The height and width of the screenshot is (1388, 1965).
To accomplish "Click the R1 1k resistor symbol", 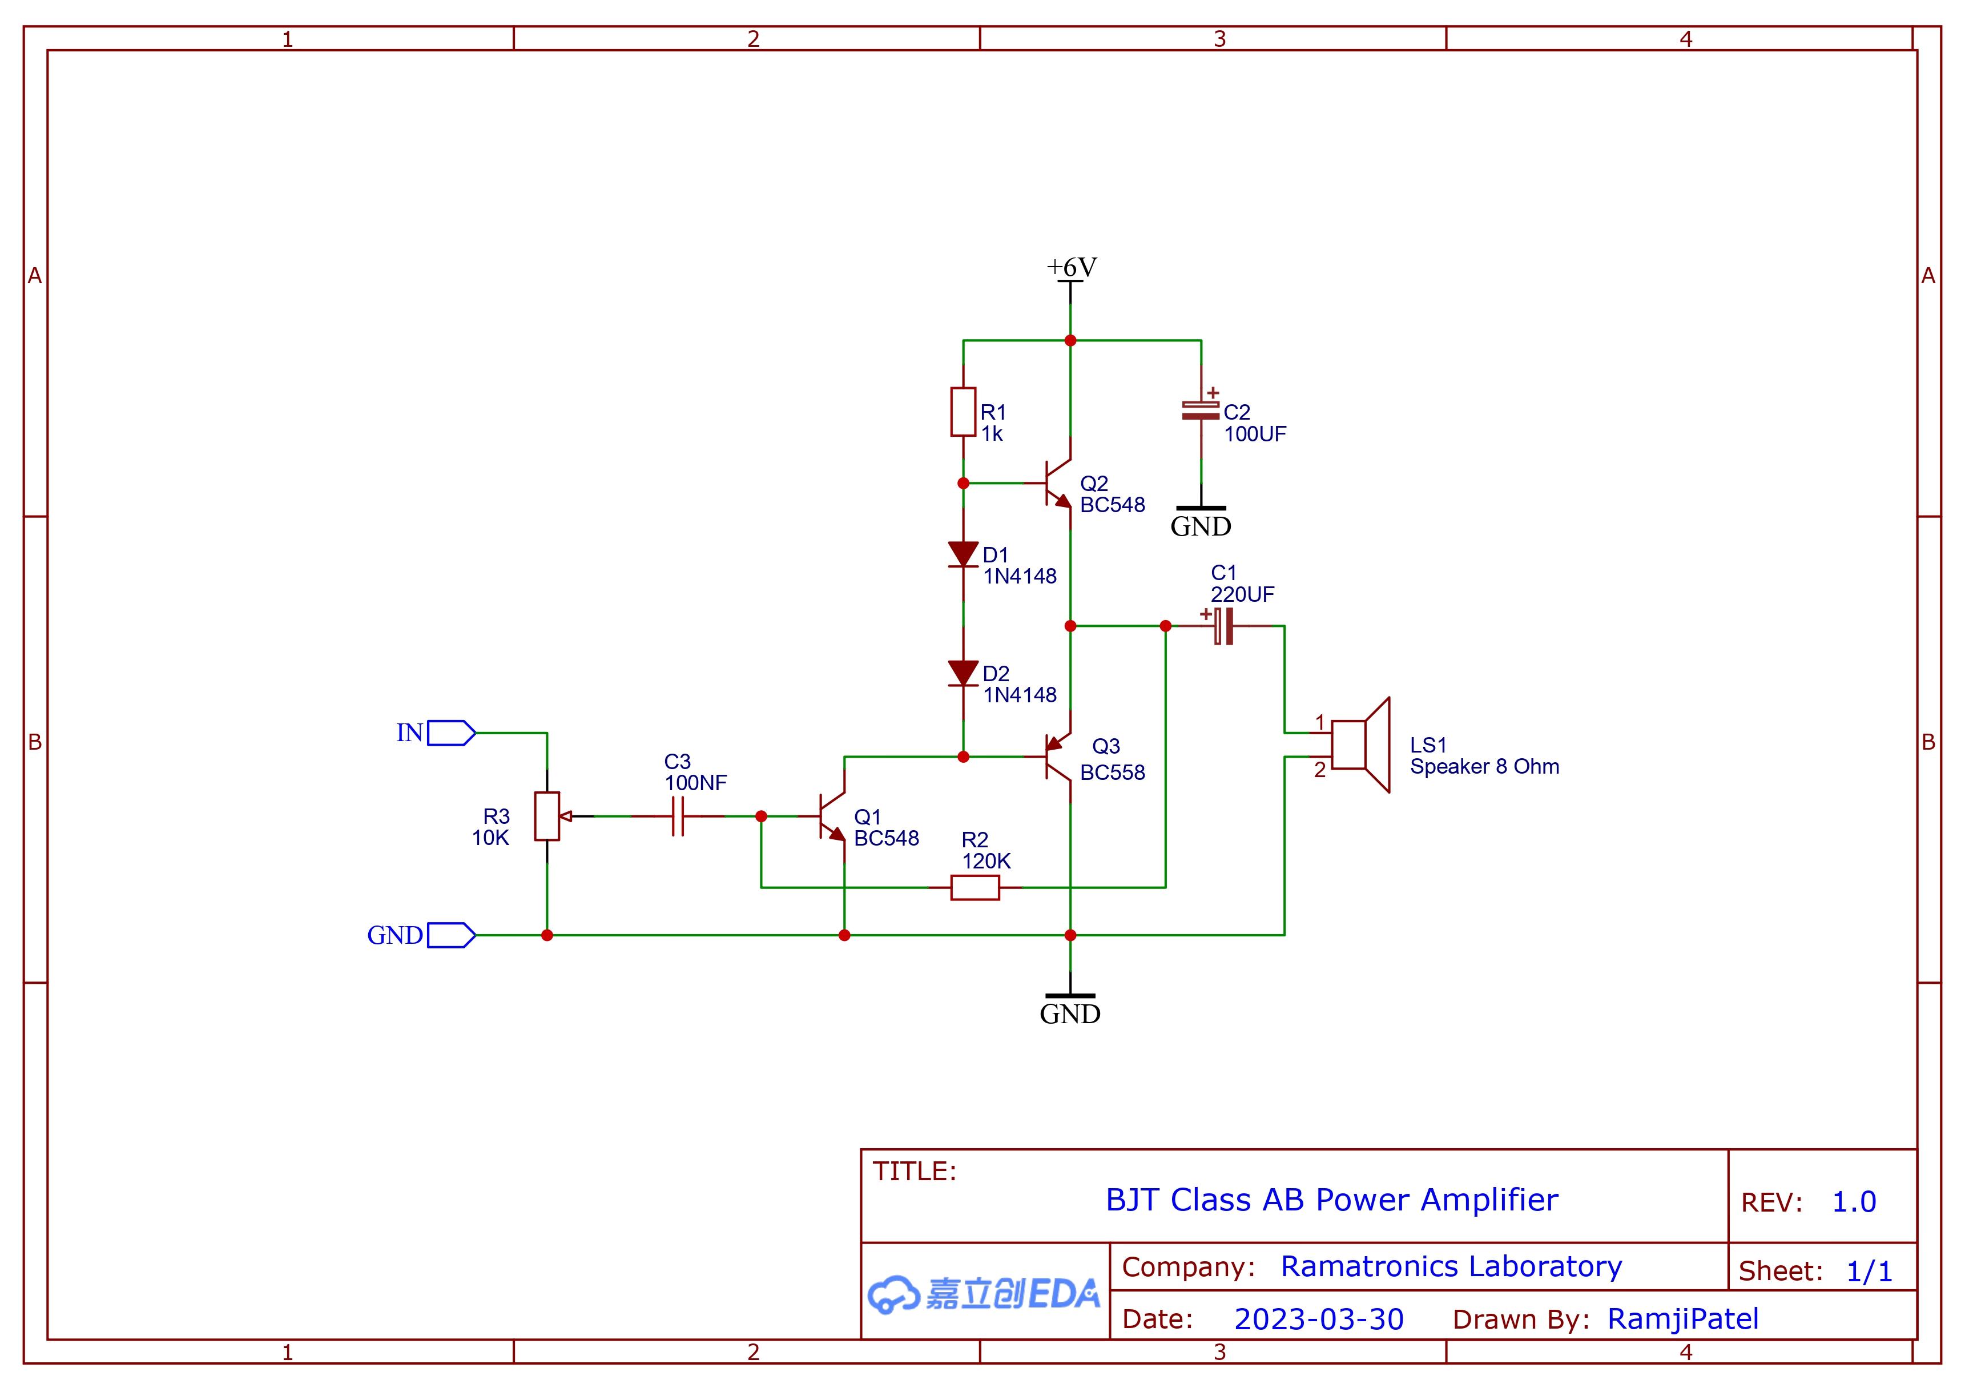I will pyautogui.click(x=963, y=412).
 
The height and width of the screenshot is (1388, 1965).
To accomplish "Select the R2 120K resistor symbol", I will pyautogui.click(x=975, y=887).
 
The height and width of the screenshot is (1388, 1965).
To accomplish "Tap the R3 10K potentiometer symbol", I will pyautogui.click(x=547, y=816).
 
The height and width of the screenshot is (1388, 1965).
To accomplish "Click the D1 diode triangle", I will pyautogui.click(x=963, y=554).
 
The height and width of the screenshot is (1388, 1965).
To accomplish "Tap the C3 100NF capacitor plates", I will pyautogui.click(x=678, y=816).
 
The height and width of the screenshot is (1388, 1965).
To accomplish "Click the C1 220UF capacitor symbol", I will pyautogui.click(x=1224, y=626).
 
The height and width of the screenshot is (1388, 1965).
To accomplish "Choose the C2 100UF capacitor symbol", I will pyautogui.click(x=1201, y=411).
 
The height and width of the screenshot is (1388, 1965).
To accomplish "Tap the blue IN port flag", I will pyautogui.click(x=451, y=733).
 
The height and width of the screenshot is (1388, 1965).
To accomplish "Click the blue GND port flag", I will pyautogui.click(x=451, y=935).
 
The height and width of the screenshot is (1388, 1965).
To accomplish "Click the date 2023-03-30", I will pyautogui.click(x=1318, y=1319).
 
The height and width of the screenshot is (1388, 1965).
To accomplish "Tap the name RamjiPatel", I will pyautogui.click(x=1682, y=1319).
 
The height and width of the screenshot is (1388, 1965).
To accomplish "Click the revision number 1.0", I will pyautogui.click(x=1854, y=1202).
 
